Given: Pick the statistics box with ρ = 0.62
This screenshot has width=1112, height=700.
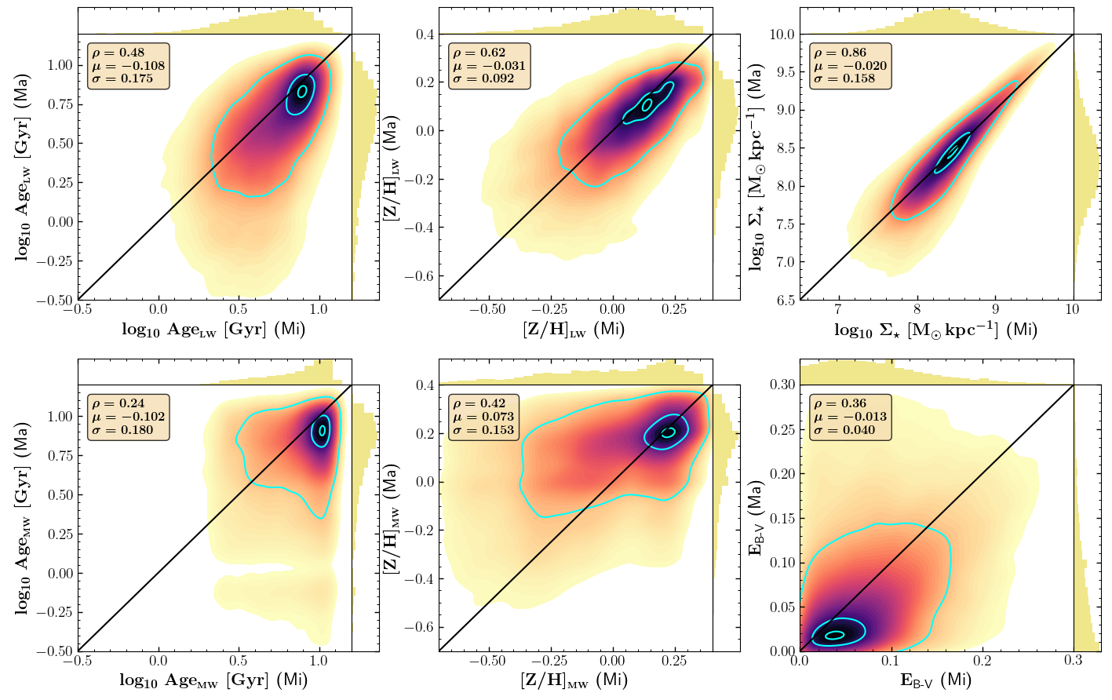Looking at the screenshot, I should coord(490,66).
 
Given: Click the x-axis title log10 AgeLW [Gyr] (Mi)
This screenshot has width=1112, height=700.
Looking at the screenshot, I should coord(213,330).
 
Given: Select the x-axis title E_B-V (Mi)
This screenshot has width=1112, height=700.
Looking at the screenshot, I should coord(935,680).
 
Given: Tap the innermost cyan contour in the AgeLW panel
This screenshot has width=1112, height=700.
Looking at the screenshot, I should coord(302,91).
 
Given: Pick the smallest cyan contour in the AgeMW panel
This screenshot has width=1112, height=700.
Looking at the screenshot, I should coord(321,430).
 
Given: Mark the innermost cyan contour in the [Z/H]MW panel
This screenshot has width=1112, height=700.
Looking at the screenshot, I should coord(668,432).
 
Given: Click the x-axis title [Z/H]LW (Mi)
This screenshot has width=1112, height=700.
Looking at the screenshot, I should coord(574,330).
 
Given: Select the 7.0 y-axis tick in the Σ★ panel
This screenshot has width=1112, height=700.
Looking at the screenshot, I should coord(785,262).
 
